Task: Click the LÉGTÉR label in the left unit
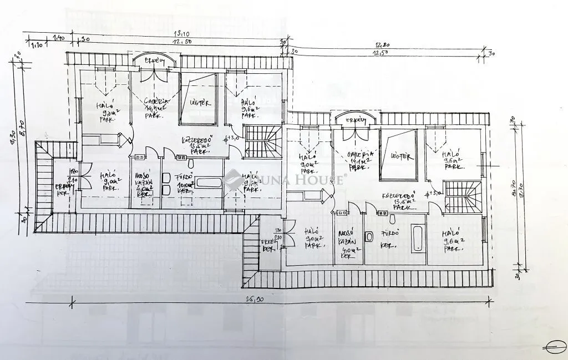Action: [199, 103]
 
